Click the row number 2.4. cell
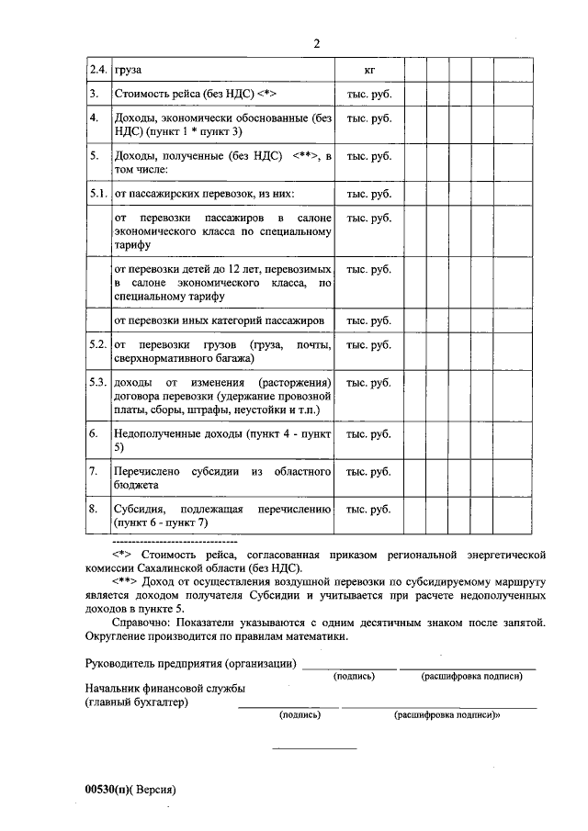pyautogui.click(x=97, y=70)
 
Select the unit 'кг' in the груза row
pyautogui.click(x=368, y=70)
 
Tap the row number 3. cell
pyautogui.click(x=94, y=94)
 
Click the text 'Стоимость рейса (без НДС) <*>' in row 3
pyautogui.click(x=195, y=94)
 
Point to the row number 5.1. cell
pyautogui.click(x=98, y=194)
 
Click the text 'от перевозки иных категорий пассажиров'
pyautogui.click(x=219, y=320)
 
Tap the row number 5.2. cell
pyautogui.click(x=98, y=344)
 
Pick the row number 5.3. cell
pyautogui.click(x=98, y=382)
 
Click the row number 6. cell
pyautogui.click(x=94, y=432)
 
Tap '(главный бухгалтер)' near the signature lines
pyautogui.click(x=136, y=702)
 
